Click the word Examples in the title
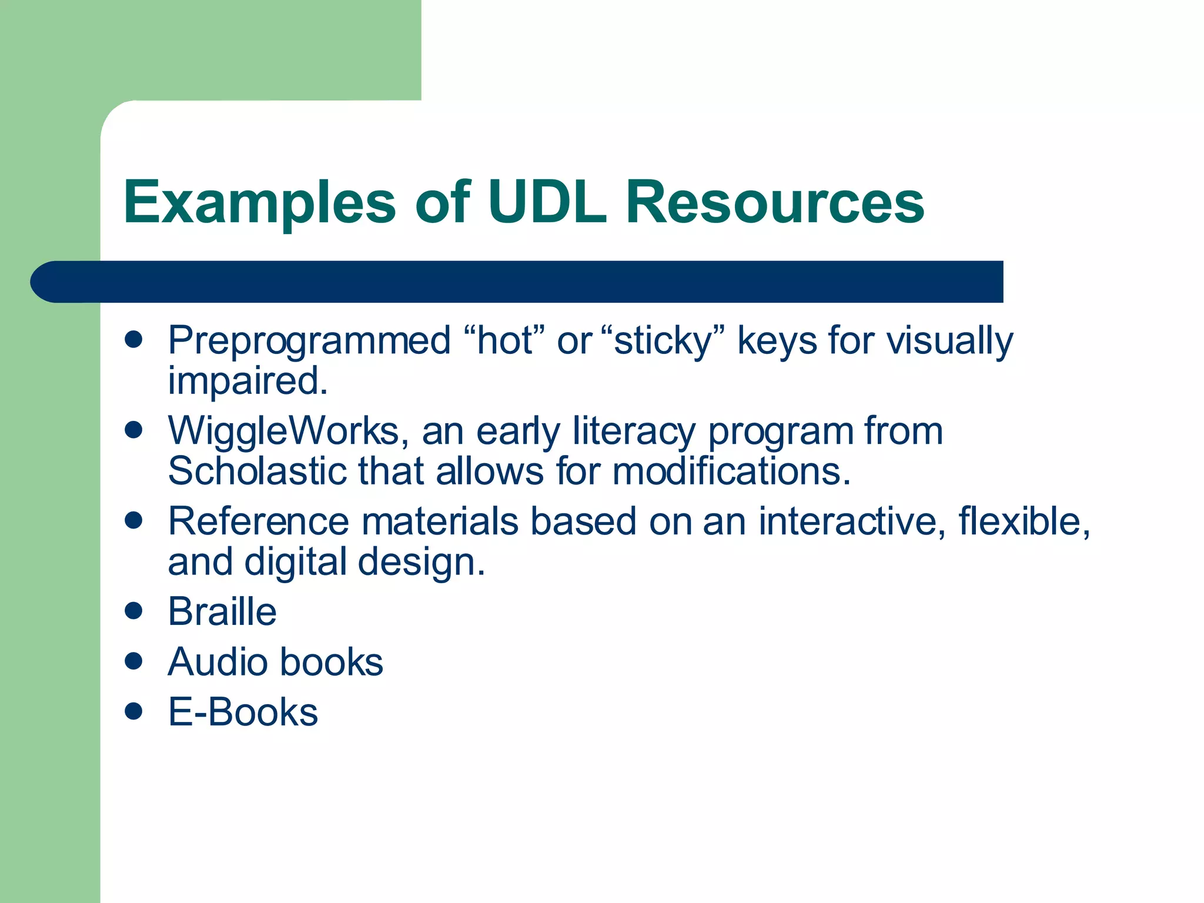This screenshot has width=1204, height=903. [x=259, y=203]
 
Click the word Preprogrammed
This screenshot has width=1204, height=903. [x=309, y=342]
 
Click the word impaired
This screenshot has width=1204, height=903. [x=247, y=381]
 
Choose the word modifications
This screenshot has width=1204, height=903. [x=731, y=471]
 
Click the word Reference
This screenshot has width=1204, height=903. [x=258, y=521]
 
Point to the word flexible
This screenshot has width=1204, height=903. [x=1024, y=521]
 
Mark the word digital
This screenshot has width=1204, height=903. [x=296, y=563]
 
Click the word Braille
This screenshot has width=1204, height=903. [x=222, y=612]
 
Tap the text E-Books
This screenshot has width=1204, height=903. [x=243, y=712]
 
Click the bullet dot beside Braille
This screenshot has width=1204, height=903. [x=134, y=611]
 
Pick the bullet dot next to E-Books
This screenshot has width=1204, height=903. [x=134, y=711]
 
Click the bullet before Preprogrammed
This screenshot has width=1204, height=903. [x=134, y=339]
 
